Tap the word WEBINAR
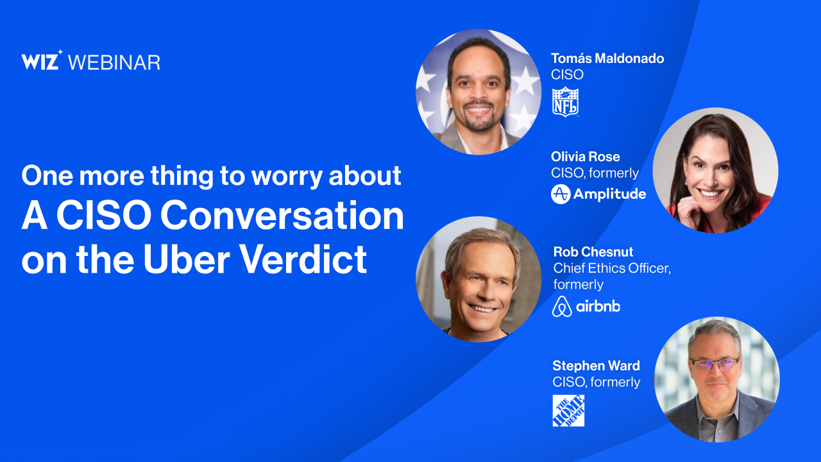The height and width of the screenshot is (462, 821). (x=114, y=62)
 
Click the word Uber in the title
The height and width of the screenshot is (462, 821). (x=186, y=259)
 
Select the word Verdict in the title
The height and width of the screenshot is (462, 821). (x=305, y=259)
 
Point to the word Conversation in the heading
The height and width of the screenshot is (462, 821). (x=282, y=216)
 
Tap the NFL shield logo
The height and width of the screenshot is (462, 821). (x=566, y=102)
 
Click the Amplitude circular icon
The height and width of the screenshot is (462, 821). (x=561, y=194)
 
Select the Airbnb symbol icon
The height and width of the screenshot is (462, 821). (x=562, y=306)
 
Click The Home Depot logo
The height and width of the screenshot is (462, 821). (x=568, y=411)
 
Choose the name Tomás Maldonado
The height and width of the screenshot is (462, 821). (x=607, y=58)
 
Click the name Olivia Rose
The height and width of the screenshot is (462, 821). (x=586, y=157)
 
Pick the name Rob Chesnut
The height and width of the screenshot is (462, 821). (x=593, y=252)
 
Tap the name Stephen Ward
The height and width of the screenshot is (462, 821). (x=596, y=366)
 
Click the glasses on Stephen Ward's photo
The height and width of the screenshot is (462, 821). (x=715, y=364)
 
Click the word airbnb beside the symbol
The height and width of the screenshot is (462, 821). (x=598, y=306)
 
